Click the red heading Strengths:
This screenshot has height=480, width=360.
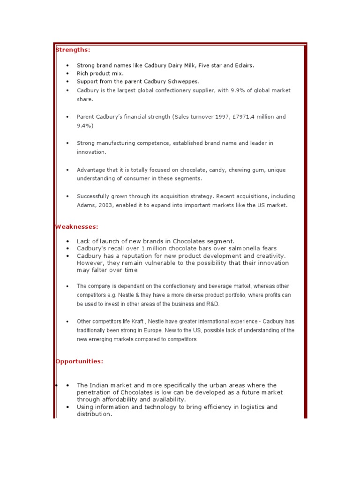click(x=73, y=50)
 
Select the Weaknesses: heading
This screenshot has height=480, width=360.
click(x=77, y=227)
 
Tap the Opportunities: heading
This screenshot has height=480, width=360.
click(x=79, y=361)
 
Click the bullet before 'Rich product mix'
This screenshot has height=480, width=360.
click(x=67, y=74)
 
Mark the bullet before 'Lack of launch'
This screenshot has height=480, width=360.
click(x=67, y=241)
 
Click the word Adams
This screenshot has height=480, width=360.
click(x=85, y=205)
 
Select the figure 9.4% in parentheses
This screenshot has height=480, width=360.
click(x=85, y=126)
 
